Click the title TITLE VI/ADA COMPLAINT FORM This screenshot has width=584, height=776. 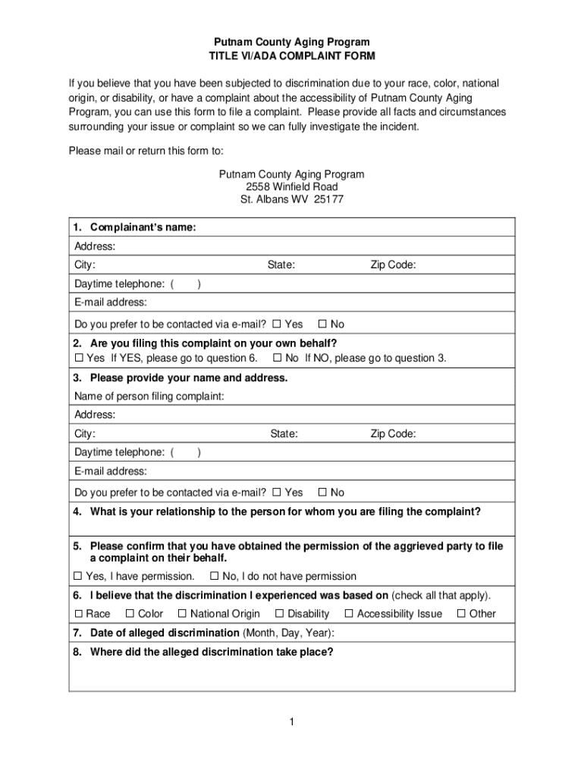click(x=292, y=57)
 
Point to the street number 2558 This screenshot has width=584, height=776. click(x=259, y=187)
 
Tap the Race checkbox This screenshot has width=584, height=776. click(x=78, y=614)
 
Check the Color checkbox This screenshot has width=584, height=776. click(x=130, y=614)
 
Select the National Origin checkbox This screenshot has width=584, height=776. click(x=182, y=614)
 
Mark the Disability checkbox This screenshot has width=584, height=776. click(x=279, y=614)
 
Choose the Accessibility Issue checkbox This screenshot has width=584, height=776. click(x=349, y=614)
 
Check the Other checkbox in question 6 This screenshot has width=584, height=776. click(x=461, y=614)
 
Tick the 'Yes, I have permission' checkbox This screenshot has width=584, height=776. click(x=78, y=576)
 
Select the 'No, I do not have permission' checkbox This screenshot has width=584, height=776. click(x=214, y=576)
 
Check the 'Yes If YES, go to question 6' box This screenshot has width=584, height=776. click(x=78, y=358)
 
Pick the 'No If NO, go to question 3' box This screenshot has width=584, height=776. click(x=277, y=358)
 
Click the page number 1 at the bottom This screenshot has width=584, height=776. click(x=291, y=722)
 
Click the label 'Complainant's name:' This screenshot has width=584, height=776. click(x=143, y=228)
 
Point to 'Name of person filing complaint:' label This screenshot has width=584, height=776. click(x=149, y=396)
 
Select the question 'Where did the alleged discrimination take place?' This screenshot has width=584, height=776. click(x=211, y=652)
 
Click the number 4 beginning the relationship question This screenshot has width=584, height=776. click(x=77, y=512)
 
